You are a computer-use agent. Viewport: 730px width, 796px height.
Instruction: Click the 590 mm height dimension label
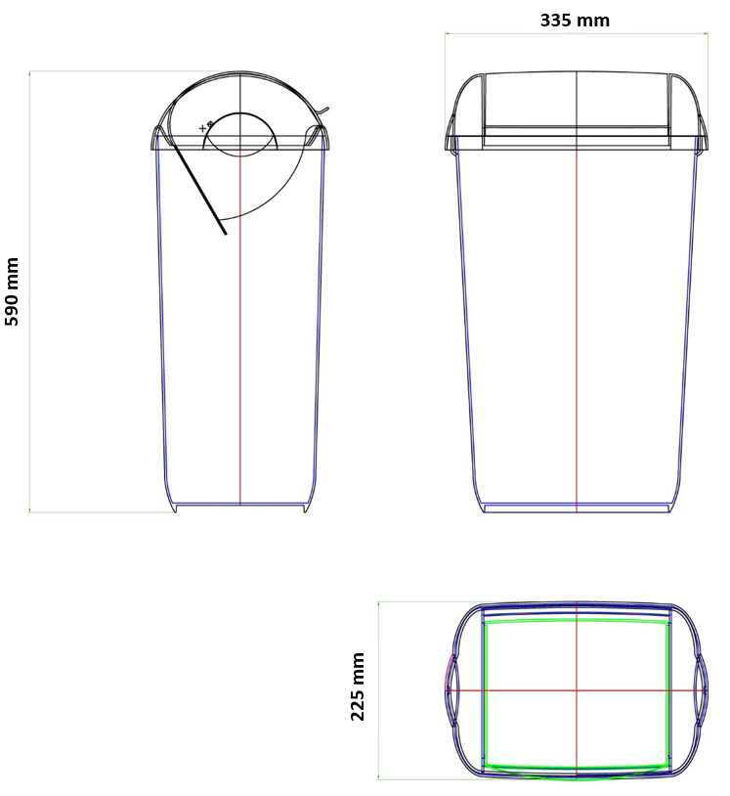click(x=11, y=292)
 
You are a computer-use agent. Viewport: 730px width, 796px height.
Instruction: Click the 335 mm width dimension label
click(x=575, y=21)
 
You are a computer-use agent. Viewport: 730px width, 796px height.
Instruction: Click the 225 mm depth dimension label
click(x=358, y=686)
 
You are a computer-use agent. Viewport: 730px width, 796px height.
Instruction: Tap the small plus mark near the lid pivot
click(x=202, y=128)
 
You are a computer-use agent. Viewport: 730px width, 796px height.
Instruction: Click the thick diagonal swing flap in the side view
click(x=198, y=189)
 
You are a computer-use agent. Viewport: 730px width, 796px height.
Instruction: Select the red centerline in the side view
click(x=240, y=330)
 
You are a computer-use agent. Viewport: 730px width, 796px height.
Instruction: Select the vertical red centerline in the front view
click(x=577, y=331)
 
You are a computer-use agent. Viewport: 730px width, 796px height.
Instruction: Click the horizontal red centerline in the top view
click(x=577, y=690)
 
